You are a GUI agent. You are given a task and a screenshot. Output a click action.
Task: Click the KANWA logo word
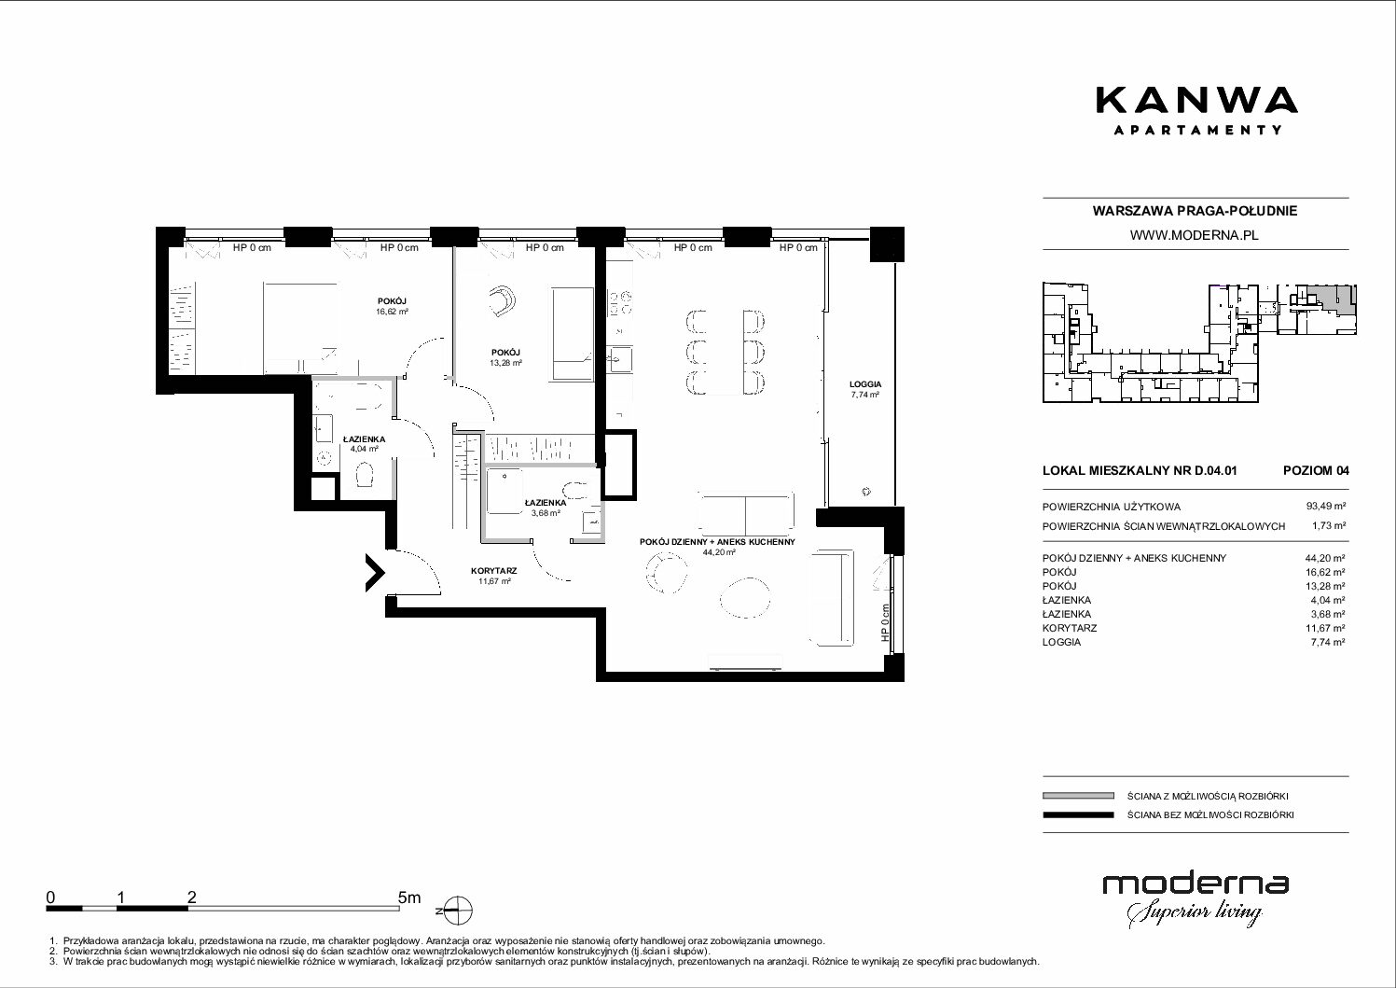(x=1196, y=101)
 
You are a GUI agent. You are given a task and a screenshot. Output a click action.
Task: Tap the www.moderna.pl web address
(x=1194, y=235)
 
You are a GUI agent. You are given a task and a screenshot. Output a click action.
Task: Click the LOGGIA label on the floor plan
(x=865, y=384)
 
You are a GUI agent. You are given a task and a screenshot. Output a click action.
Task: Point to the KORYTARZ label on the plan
(x=493, y=571)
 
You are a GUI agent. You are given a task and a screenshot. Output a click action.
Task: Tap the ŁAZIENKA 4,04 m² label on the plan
(x=364, y=444)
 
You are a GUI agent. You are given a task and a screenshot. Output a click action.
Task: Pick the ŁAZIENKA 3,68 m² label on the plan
(x=546, y=508)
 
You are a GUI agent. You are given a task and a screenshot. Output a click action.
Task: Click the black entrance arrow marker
(x=375, y=572)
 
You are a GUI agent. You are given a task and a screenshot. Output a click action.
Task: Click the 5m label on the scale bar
(x=409, y=898)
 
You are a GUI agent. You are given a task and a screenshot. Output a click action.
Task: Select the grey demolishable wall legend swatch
(x=1078, y=796)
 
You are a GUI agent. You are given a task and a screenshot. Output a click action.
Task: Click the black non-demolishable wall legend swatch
(x=1078, y=814)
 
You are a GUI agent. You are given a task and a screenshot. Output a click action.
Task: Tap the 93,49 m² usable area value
(x=1326, y=507)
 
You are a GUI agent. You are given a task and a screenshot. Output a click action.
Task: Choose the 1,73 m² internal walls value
(x=1329, y=525)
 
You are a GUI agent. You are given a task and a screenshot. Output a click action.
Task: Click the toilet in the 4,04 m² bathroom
(x=364, y=475)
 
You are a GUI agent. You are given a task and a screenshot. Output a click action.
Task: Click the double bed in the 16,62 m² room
(x=301, y=328)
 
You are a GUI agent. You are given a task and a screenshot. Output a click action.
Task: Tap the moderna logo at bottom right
(x=1196, y=900)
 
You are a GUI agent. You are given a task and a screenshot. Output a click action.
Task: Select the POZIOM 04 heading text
(x=1316, y=470)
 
